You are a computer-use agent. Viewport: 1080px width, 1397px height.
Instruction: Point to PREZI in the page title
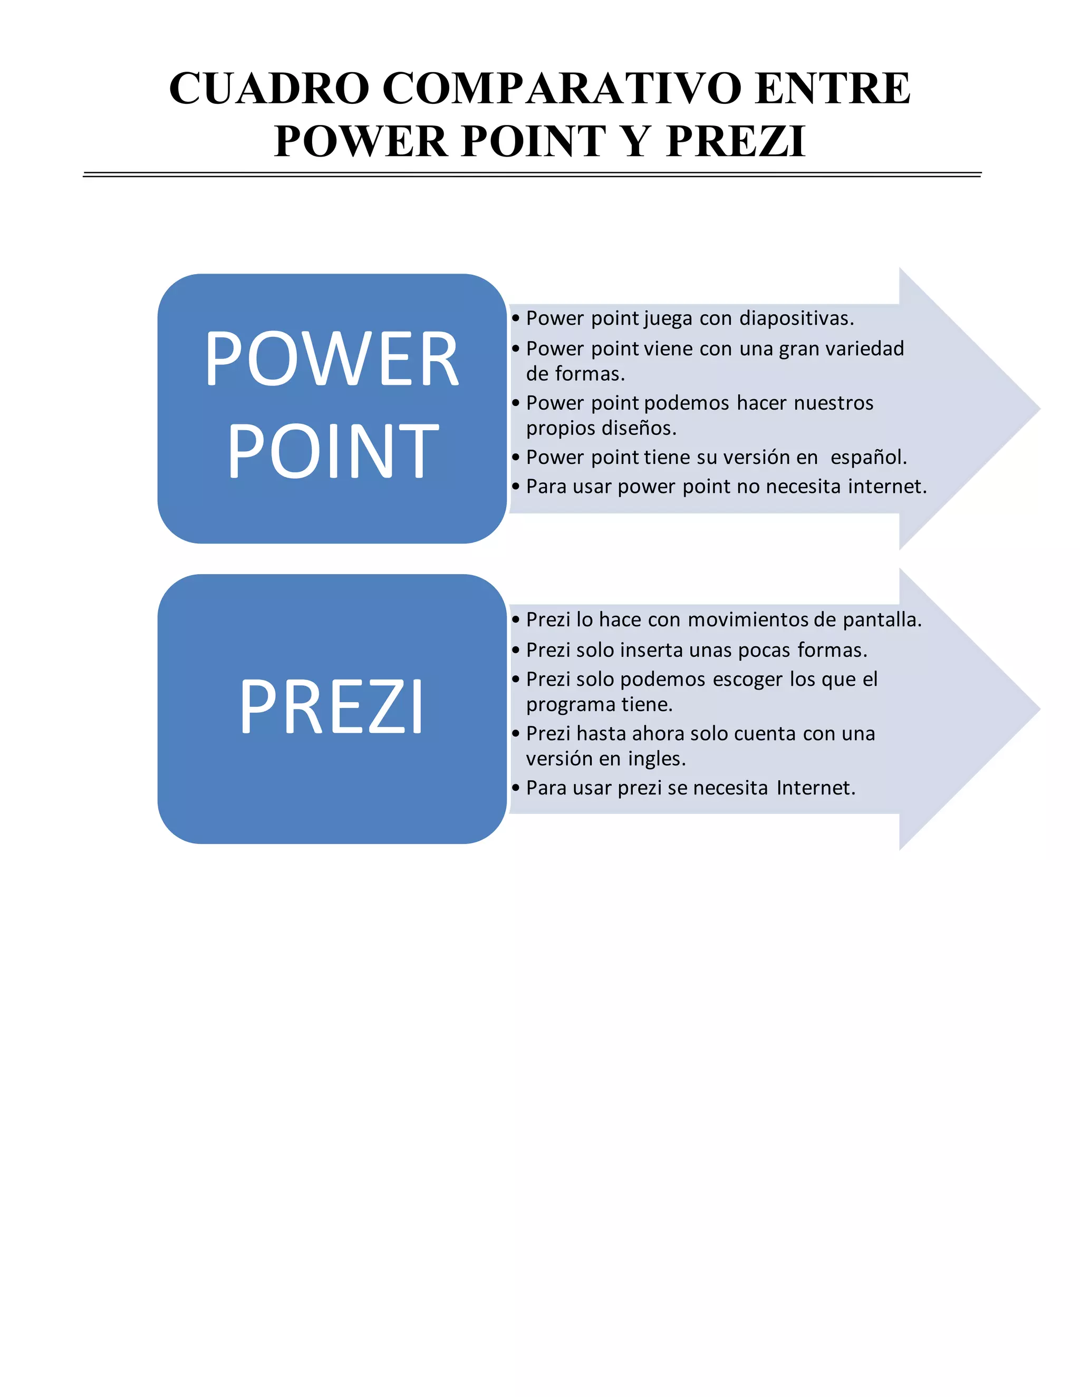click(x=735, y=141)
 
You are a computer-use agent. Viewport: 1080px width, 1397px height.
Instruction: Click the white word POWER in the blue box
click(x=331, y=360)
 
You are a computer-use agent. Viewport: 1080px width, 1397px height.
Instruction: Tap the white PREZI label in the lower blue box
click(x=331, y=707)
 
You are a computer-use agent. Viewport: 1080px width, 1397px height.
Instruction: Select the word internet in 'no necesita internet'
click(x=887, y=487)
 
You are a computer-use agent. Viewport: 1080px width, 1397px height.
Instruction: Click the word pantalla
click(x=882, y=620)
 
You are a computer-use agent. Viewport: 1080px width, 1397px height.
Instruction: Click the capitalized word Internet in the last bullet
click(x=816, y=788)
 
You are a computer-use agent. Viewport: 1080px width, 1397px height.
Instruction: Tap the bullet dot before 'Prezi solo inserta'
click(x=516, y=650)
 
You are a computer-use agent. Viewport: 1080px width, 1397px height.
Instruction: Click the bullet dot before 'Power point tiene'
click(x=516, y=458)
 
